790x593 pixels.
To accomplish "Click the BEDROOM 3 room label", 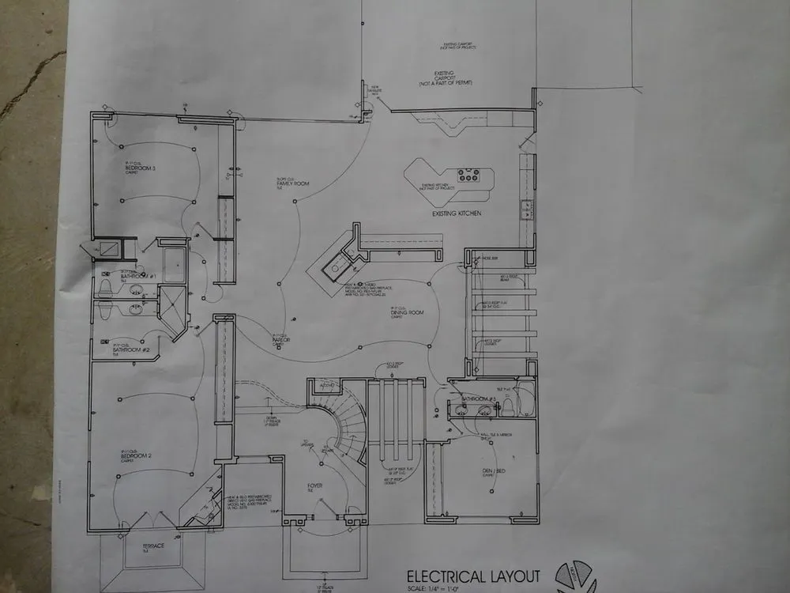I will pyautogui.click(x=140, y=168).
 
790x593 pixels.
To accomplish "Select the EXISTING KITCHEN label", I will pyautogui.click(x=457, y=214).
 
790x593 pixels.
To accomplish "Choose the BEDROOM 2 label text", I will pyautogui.click(x=136, y=456).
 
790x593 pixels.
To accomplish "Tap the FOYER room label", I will pyautogui.click(x=314, y=485).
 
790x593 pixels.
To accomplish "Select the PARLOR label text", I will pyautogui.click(x=281, y=340).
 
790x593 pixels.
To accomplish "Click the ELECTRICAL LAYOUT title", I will pyautogui.click(x=473, y=576).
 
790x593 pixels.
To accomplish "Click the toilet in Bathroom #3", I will pyautogui.click(x=509, y=407).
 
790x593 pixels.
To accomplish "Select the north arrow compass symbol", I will pyautogui.click(x=576, y=577).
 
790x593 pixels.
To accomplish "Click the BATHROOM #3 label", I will pyautogui.click(x=477, y=398).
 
